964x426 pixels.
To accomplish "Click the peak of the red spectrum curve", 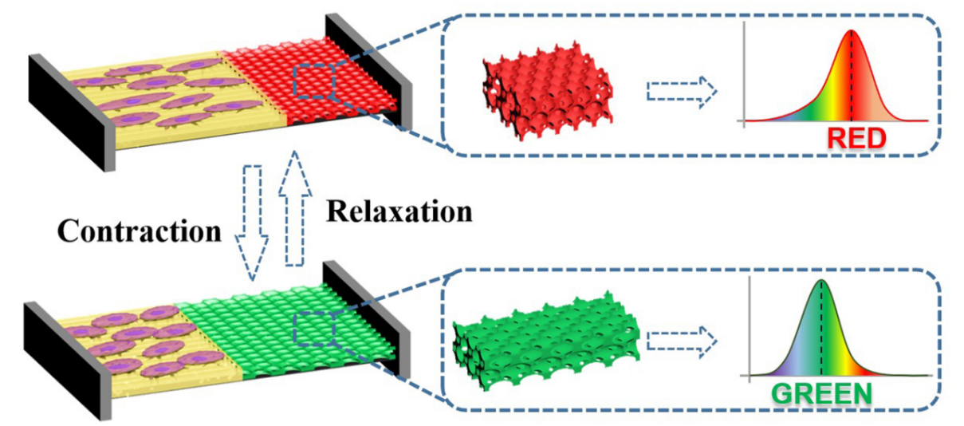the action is (852, 30).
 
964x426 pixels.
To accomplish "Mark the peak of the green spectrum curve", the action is (821, 281).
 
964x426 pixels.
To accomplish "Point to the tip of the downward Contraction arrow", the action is (253, 281).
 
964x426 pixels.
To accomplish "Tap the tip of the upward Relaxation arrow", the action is (295, 151).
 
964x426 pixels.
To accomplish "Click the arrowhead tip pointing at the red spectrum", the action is (717, 91).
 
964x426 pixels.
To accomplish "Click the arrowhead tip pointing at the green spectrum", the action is (717, 341).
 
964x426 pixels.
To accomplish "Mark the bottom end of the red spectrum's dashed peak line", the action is (852, 120).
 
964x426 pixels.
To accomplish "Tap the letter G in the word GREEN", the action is (784, 394).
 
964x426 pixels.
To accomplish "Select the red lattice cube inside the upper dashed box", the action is (548, 91).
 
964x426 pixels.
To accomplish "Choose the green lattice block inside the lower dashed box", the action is (546, 341).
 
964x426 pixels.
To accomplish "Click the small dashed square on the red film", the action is (314, 81).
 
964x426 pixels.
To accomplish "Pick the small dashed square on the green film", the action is (314, 329).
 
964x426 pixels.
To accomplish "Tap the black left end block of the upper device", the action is (72, 112).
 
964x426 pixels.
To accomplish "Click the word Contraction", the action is (140, 231).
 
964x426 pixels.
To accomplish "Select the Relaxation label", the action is (399, 211).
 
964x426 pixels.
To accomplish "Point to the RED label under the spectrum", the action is (856, 138).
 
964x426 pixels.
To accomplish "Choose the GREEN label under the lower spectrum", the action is (821, 394).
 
